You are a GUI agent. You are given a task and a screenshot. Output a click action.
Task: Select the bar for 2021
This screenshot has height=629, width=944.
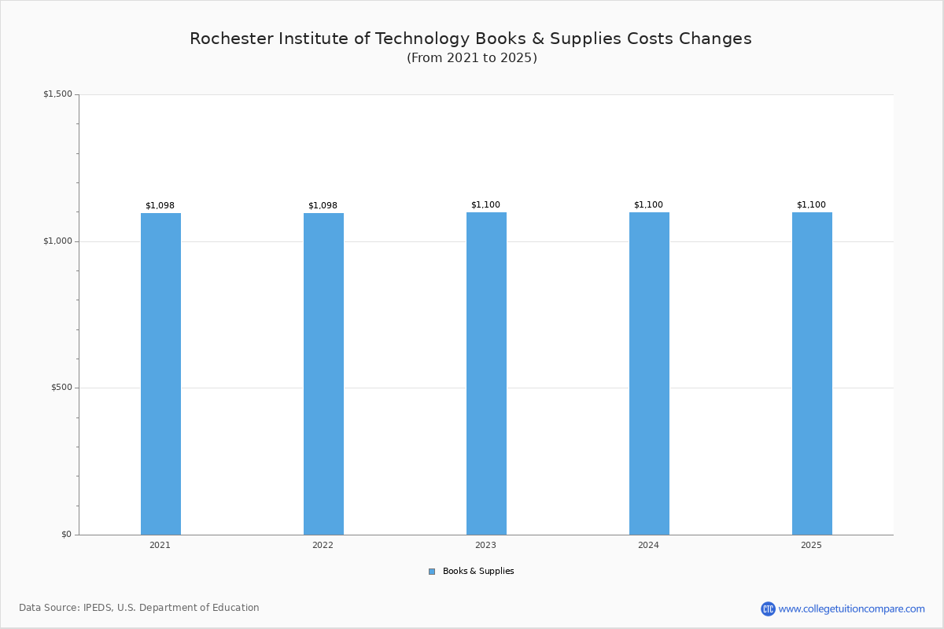[160, 373]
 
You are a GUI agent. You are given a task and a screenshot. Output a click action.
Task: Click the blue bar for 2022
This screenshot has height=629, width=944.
[323, 373]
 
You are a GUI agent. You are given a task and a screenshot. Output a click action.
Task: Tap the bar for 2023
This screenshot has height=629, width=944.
[486, 373]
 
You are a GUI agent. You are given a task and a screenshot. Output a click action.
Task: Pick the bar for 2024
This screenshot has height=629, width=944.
[649, 373]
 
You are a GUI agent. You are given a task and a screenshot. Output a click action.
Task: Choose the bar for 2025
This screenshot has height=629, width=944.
[812, 373]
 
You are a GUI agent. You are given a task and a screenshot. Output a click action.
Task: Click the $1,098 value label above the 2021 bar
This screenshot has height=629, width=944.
[160, 206]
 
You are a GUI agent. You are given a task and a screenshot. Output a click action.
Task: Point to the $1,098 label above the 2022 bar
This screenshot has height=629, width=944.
[323, 206]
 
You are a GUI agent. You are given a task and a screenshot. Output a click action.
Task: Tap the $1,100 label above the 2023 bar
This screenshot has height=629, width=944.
[485, 205]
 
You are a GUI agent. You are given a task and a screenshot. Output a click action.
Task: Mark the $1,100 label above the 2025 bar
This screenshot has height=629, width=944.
[811, 205]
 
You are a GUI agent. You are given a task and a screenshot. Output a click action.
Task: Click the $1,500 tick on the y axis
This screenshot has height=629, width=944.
[57, 94]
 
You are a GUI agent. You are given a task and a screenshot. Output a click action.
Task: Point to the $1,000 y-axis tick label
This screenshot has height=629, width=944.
[57, 241]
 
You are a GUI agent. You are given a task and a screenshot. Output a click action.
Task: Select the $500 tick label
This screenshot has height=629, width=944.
[61, 388]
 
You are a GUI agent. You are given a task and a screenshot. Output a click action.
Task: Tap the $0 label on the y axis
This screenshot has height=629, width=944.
[66, 535]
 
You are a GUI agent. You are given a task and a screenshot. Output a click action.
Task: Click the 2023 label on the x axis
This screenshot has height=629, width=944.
[485, 546]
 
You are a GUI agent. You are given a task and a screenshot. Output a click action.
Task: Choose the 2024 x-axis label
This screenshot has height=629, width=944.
[648, 546]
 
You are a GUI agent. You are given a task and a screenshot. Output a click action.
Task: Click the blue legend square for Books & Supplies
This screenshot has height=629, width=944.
[432, 572]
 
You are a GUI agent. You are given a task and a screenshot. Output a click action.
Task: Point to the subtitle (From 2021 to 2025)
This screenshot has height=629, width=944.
[472, 58]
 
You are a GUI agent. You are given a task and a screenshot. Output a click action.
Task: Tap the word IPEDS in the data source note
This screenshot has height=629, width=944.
[98, 608]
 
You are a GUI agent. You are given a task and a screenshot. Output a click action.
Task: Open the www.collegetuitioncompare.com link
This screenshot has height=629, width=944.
[851, 609]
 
